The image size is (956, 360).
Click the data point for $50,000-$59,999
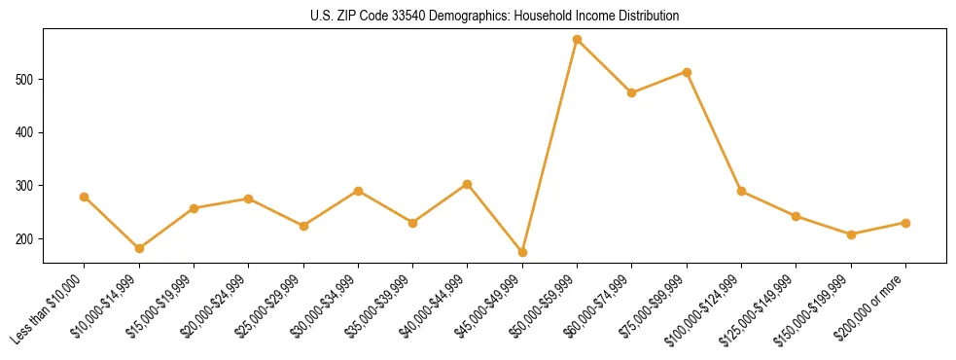coord(577,40)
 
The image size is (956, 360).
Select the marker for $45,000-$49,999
coord(522,252)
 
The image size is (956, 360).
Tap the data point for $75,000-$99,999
coord(687,72)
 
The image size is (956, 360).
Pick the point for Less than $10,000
coord(85,197)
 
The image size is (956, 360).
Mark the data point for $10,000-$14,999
coord(139,248)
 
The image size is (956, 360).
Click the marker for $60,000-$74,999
coord(632,92)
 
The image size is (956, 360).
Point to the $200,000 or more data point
coord(905,223)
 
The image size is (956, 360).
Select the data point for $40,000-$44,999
coord(468,184)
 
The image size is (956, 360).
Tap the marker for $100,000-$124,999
coord(741,191)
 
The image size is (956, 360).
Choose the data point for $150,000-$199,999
coord(851,234)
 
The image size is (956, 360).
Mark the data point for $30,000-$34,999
coord(358,191)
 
